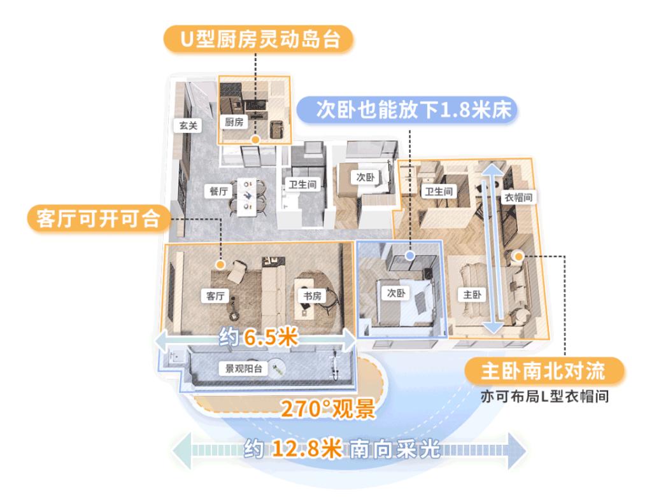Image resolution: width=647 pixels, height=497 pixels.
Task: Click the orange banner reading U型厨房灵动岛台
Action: click(x=258, y=39)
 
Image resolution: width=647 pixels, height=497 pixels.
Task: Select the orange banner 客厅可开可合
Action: click(x=100, y=219)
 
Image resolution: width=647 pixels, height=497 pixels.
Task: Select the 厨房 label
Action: click(x=234, y=122)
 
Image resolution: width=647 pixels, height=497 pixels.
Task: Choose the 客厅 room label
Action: click(x=211, y=295)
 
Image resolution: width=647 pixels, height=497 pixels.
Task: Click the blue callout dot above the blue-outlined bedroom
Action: click(x=411, y=255)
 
